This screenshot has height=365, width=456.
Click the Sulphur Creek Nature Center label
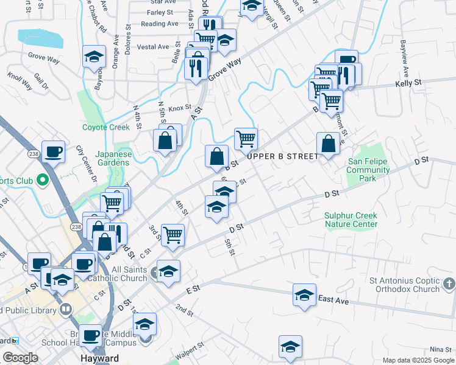(351, 220)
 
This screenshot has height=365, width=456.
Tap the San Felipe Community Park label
(368, 170)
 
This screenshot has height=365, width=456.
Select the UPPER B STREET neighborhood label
(282, 156)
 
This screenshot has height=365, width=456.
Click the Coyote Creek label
(106, 127)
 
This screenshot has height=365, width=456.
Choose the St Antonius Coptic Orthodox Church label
(404, 285)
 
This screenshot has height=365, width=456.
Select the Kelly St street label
(408, 82)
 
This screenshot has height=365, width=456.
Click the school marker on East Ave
(304, 295)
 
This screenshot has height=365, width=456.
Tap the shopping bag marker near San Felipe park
(328, 144)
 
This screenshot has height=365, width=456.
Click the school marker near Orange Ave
(94, 57)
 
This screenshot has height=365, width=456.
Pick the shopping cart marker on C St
(173, 234)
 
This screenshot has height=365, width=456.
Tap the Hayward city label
(99, 359)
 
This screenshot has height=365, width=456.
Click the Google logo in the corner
(20, 358)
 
